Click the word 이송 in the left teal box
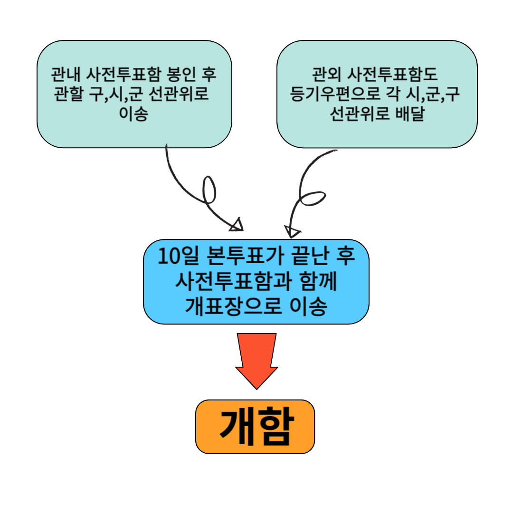pyautogui.click(x=134, y=114)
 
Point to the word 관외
pyautogui.click(x=327, y=75)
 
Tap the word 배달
pyautogui.click(x=409, y=114)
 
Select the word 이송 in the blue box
pyautogui.click(x=308, y=307)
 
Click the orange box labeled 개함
pyautogui.click(x=255, y=427)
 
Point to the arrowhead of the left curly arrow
pyautogui.click(x=237, y=225)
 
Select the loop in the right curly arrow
pyautogui.click(x=313, y=199)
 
